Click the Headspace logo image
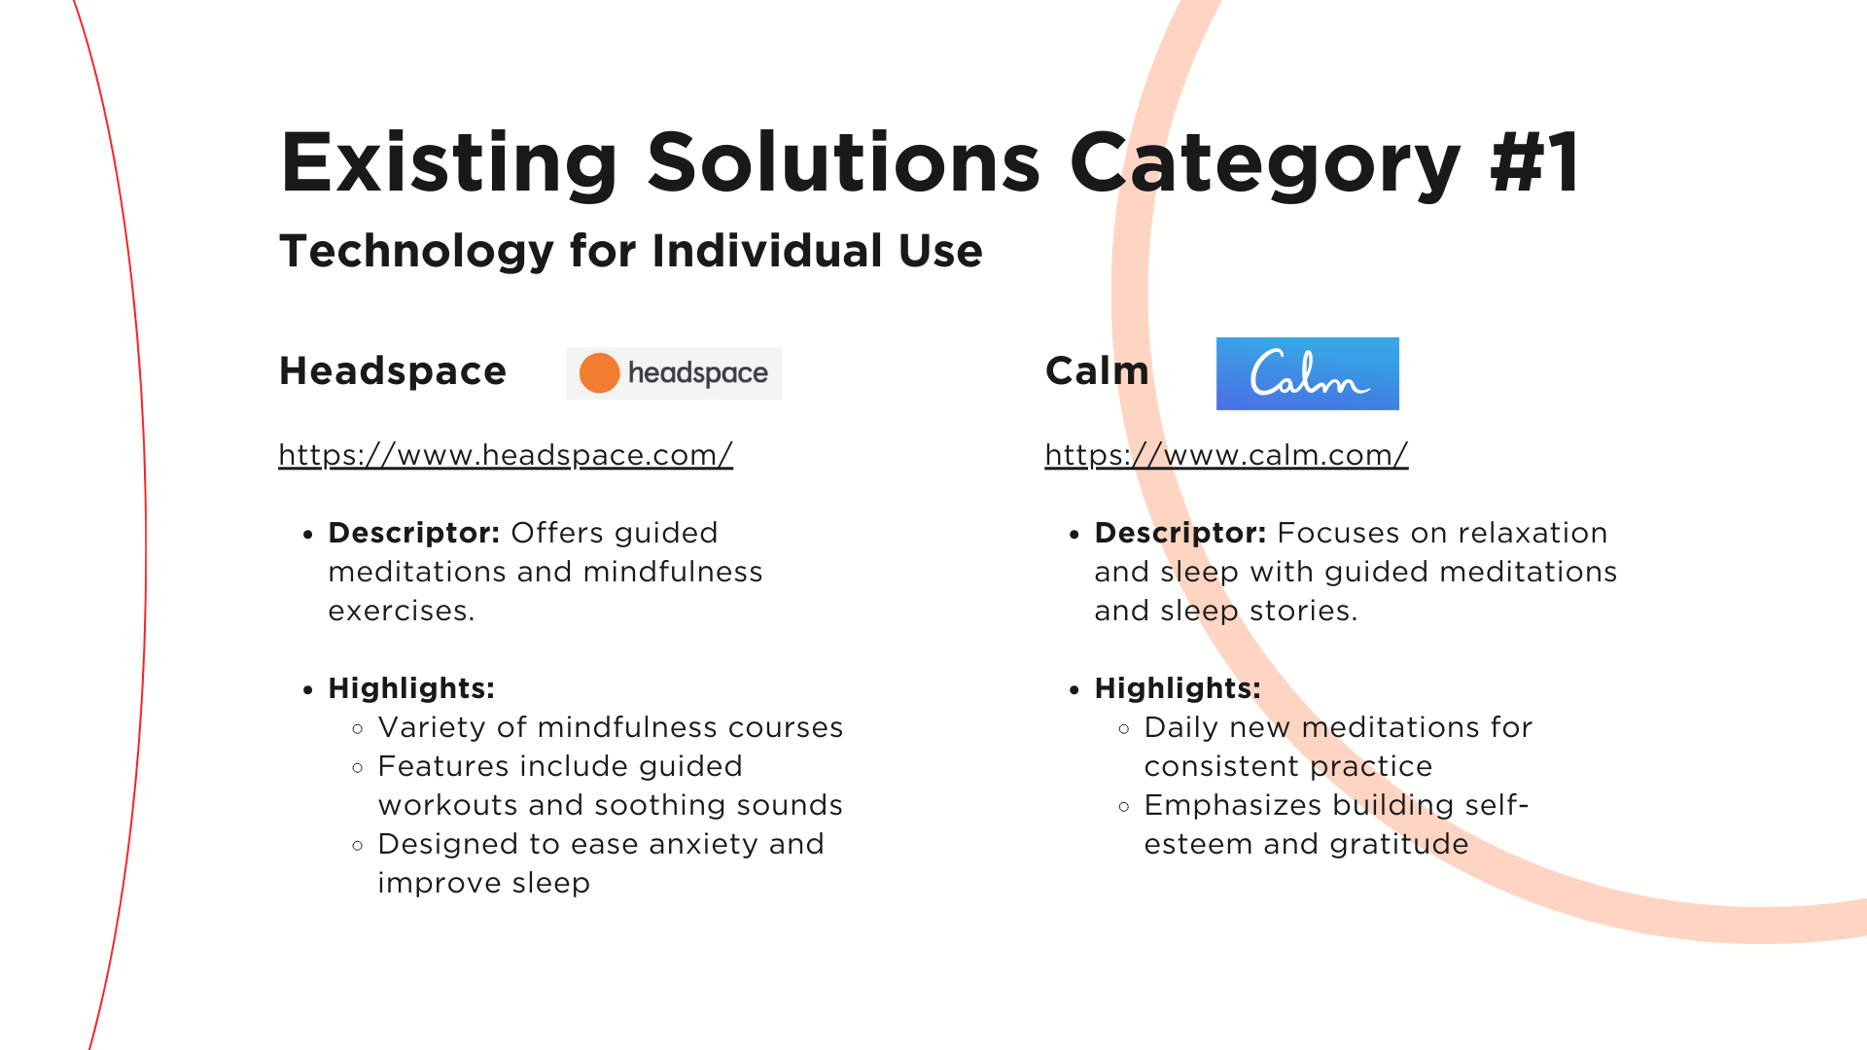(x=674, y=373)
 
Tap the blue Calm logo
(x=1307, y=373)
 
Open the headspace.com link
(x=506, y=455)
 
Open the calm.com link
(x=1226, y=455)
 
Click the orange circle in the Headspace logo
(x=599, y=373)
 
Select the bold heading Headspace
(x=393, y=371)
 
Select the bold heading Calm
(x=1097, y=371)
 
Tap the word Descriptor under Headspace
(x=414, y=533)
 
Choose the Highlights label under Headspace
(x=411, y=688)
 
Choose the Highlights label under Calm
(x=1178, y=688)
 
